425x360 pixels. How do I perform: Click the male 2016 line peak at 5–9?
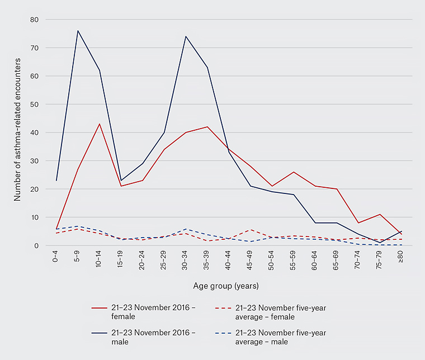click(78, 31)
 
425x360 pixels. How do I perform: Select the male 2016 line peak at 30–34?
click(186, 36)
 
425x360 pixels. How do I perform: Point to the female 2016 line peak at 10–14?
click(100, 124)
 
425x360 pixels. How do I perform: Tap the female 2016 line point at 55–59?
click(294, 172)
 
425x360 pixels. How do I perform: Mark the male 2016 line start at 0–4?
click(56, 180)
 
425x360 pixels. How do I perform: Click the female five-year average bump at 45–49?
click(251, 230)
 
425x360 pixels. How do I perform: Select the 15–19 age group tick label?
click(121, 262)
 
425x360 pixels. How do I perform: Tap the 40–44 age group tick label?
click(229, 262)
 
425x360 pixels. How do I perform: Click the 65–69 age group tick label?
click(337, 262)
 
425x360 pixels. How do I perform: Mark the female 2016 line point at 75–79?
click(380, 215)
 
